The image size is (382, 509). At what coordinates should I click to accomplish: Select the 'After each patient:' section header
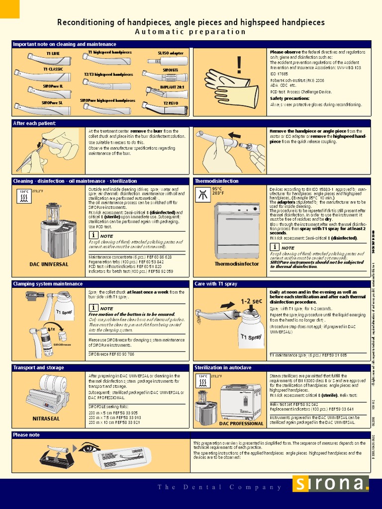click(x=34, y=123)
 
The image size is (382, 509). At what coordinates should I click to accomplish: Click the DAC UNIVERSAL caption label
click(x=49, y=264)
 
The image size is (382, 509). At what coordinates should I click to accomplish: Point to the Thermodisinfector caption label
click(x=236, y=264)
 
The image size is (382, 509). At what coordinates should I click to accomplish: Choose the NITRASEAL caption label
click(x=46, y=419)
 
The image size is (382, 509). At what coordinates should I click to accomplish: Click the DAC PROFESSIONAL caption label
click(x=241, y=424)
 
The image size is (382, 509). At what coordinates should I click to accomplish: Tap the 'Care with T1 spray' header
click(x=216, y=284)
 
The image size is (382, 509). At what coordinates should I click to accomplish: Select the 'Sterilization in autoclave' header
click(x=223, y=367)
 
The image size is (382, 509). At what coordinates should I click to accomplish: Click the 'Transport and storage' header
click(x=39, y=367)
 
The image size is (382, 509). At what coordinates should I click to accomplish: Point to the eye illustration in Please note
click(x=89, y=448)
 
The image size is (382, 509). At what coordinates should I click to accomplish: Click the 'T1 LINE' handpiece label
click(x=52, y=53)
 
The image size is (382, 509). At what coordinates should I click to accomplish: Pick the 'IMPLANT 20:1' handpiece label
click(x=172, y=87)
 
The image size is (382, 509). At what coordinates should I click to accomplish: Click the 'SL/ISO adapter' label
click(x=171, y=53)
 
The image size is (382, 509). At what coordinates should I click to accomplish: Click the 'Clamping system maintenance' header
click(x=48, y=284)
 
